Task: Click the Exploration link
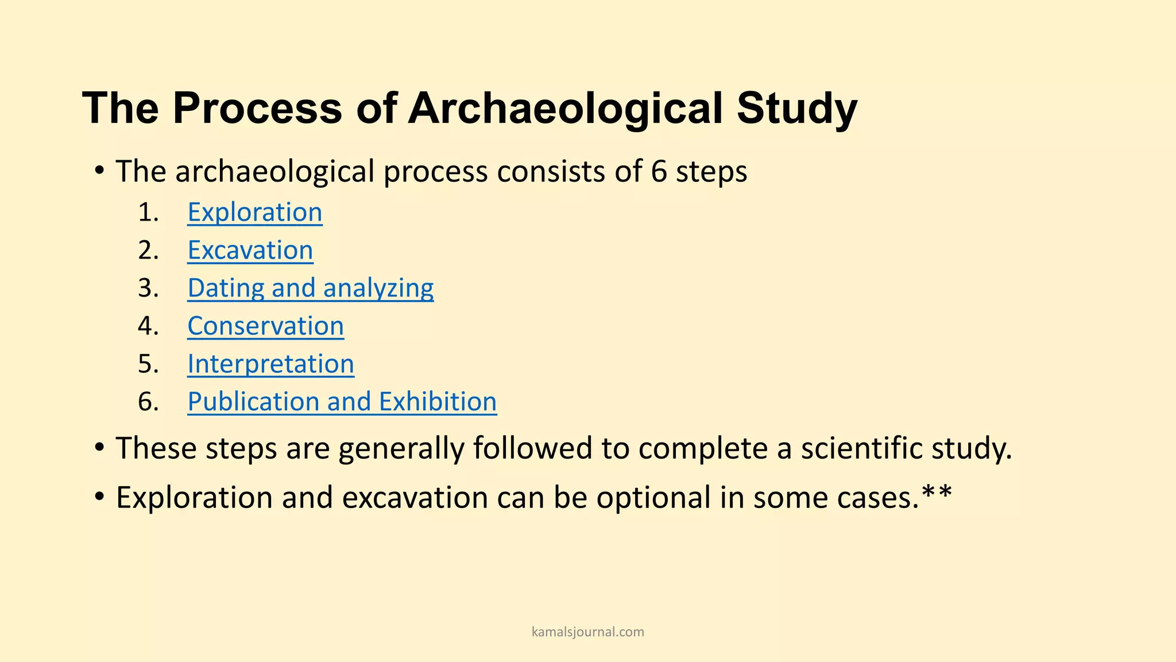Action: click(254, 213)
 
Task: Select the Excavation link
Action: click(250, 251)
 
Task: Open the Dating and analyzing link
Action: click(310, 288)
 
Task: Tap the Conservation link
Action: click(265, 326)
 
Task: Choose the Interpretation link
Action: click(270, 364)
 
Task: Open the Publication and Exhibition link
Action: click(342, 402)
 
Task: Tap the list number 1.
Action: click(148, 213)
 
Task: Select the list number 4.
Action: click(148, 326)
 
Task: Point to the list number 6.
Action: click(148, 402)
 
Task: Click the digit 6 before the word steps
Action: click(659, 171)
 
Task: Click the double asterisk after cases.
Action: click(937, 493)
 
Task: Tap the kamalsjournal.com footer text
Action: click(588, 632)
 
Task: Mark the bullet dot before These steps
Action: click(100, 447)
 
